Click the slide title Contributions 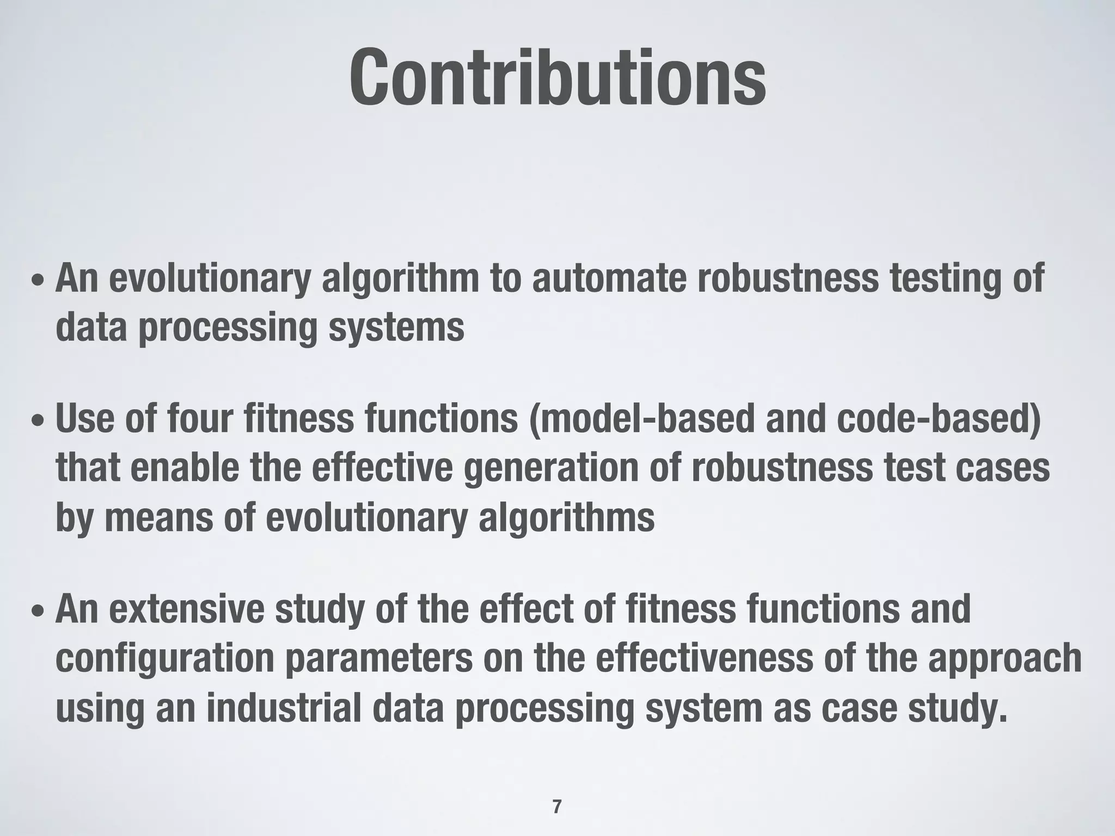tap(557, 78)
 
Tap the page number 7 tap(556, 806)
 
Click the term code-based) tap(939, 419)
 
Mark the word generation tap(550, 469)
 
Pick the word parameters tap(379, 659)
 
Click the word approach tap(1005, 659)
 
